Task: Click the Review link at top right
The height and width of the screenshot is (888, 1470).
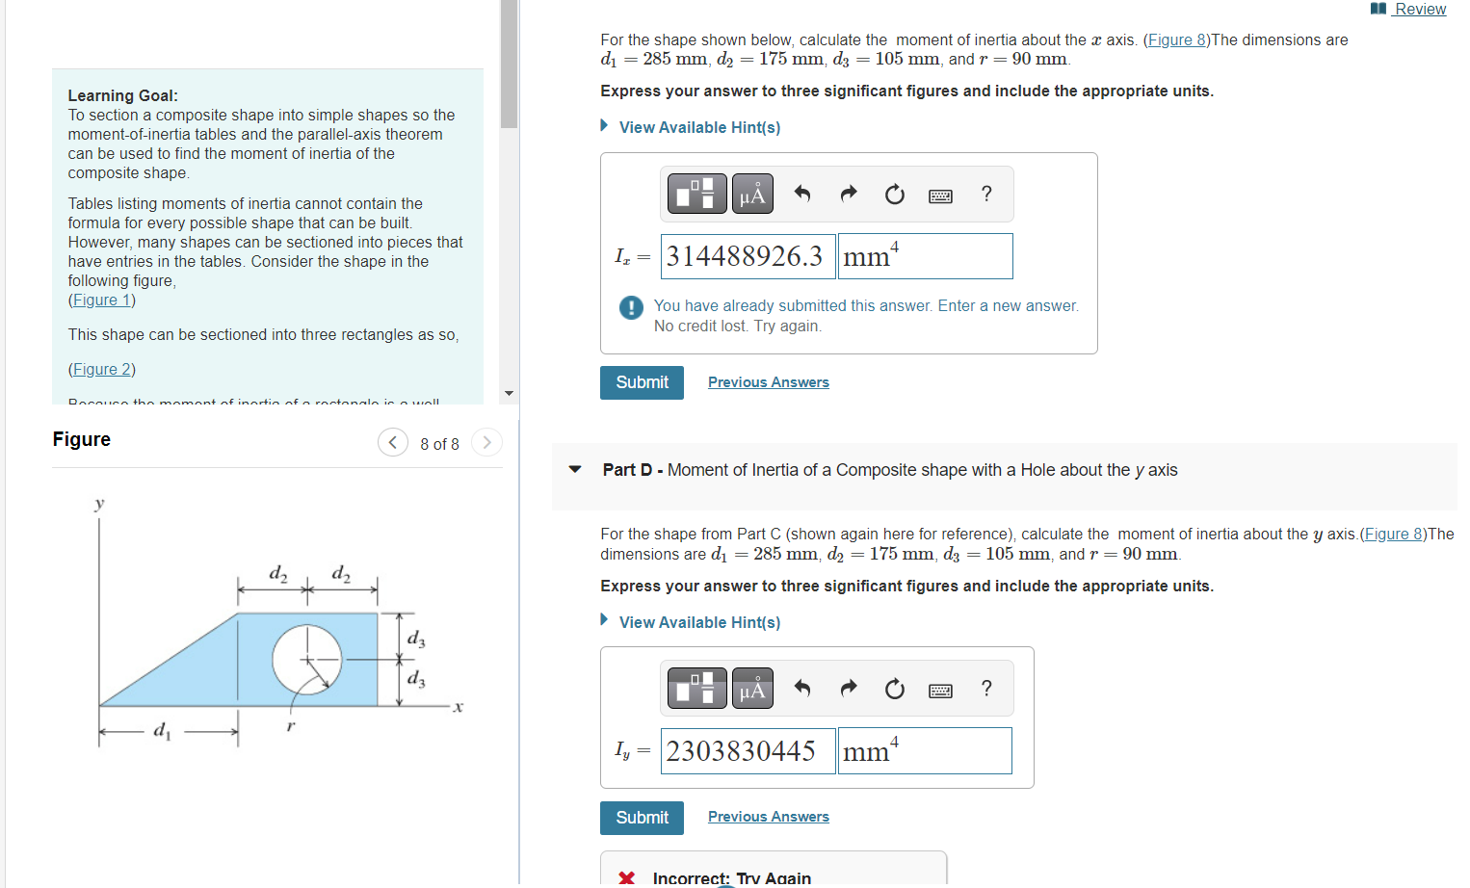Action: click(x=1419, y=10)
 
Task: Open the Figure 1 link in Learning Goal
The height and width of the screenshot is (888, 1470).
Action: click(x=101, y=300)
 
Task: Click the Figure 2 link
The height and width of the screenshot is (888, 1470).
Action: click(x=101, y=370)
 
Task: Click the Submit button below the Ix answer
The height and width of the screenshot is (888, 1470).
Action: click(x=642, y=382)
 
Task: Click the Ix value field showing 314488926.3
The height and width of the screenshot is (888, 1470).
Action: click(x=748, y=257)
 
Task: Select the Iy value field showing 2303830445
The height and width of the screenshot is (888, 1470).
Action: click(x=748, y=751)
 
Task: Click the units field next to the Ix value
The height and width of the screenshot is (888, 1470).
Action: click(x=925, y=257)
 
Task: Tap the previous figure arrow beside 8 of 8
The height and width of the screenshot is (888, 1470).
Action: click(x=392, y=443)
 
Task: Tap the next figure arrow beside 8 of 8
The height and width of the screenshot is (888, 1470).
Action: click(x=486, y=443)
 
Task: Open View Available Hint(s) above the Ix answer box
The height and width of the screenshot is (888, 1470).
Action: click(x=699, y=127)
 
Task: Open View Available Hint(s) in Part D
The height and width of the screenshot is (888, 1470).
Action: click(x=699, y=623)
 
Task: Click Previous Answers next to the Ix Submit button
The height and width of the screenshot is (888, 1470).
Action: click(x=768, y=382)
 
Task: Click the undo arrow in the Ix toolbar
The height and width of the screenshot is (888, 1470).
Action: click(x=801, y=195)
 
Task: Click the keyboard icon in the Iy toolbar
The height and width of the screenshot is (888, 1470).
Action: click(x=940, y=691)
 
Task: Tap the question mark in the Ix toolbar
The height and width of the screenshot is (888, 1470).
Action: click(x=986, y=195)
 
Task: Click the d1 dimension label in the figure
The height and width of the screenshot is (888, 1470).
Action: click(x=162, y=731)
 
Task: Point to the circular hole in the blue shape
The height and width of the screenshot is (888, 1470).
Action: click(x=306, y=660)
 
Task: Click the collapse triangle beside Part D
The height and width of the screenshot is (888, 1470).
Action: click(x=575, y=470)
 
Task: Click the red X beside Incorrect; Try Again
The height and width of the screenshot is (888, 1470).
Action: click(x=627, y=877)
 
